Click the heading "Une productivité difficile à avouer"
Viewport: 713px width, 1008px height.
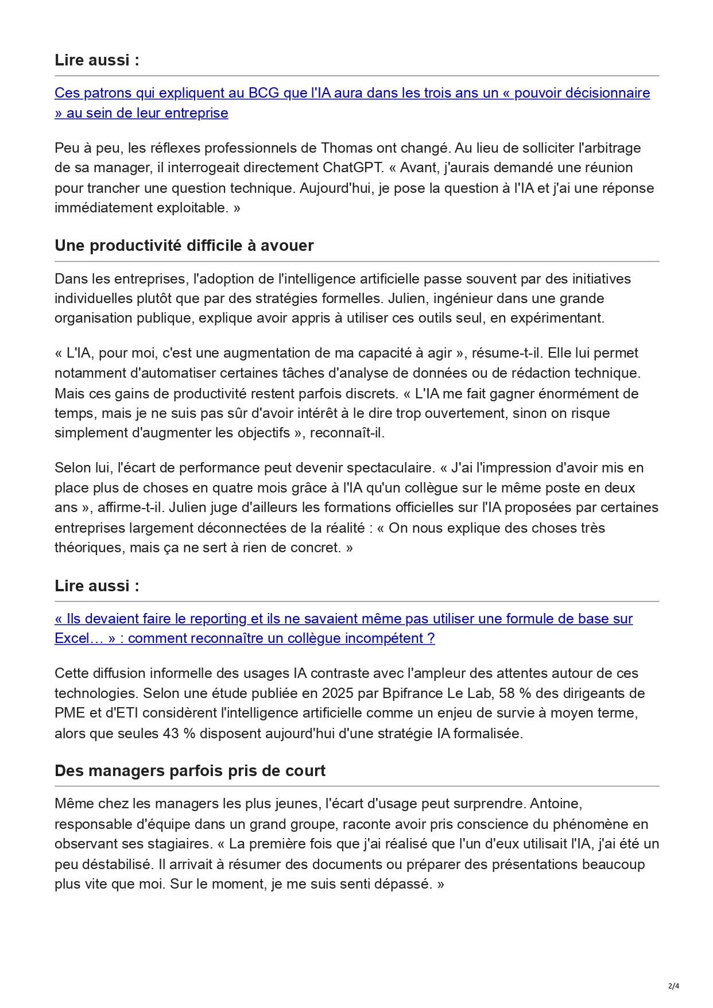pos(184,246)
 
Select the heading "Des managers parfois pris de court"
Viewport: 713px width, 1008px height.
pos(189,770)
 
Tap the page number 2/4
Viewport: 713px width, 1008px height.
pos(673,986)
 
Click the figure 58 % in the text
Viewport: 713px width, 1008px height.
pos(515,693)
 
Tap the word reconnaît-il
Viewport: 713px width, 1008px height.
pos(347,433)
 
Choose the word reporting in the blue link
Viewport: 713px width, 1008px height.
pos(218,619)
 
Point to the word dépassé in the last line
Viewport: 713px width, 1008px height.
pos(403,884)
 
